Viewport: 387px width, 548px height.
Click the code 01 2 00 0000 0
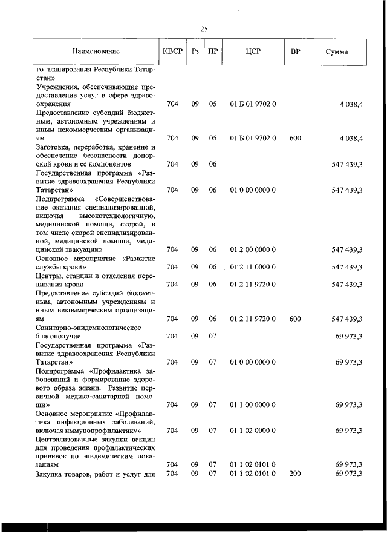pos(253,249)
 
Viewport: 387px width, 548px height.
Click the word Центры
pos(50,276)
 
